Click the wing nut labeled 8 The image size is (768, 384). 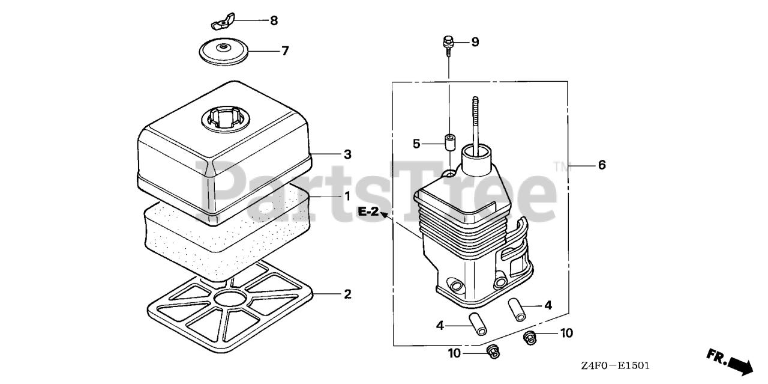[x=221, y=24]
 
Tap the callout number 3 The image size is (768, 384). [x=347, y=154]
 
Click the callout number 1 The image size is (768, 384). [x=347, y=196]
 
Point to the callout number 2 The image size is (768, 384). [x=347, y=294]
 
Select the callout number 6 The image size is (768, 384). [x=601, y=165]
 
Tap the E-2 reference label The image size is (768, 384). [x=369, y=212]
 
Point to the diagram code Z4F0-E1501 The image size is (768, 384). [x=615, y=365]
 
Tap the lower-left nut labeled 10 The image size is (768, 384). [x=493, y=351]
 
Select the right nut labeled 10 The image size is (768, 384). [x=530, y=337]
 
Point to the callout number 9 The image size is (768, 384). [x=475, y=41]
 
